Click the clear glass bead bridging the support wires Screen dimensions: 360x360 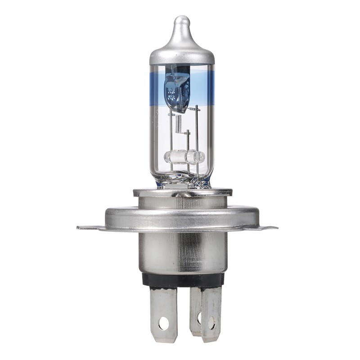184,157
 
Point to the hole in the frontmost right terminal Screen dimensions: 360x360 211,322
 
